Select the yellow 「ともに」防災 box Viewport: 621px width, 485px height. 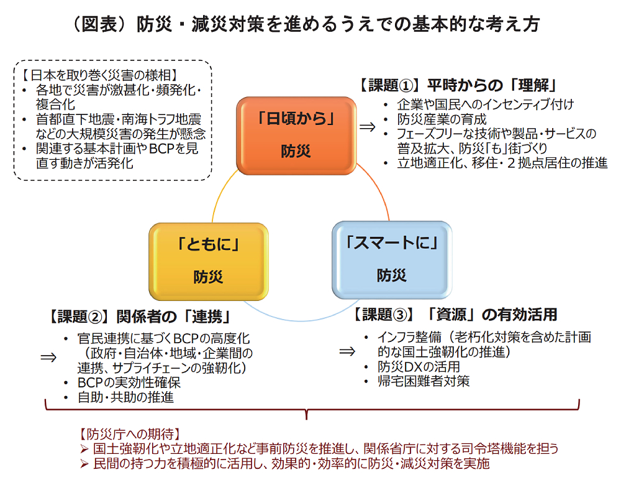click(x=209, y=260)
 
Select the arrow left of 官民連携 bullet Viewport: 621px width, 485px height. click(x=48, y=357)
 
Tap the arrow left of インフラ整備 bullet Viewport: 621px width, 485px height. click(x=347, y=351)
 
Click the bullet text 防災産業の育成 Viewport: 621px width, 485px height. click(x=442, y=119)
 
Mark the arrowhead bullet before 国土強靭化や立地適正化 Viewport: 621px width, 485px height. click(x=85, y=449)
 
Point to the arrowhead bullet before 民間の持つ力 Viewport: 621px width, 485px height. click(x=85, y=464)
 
